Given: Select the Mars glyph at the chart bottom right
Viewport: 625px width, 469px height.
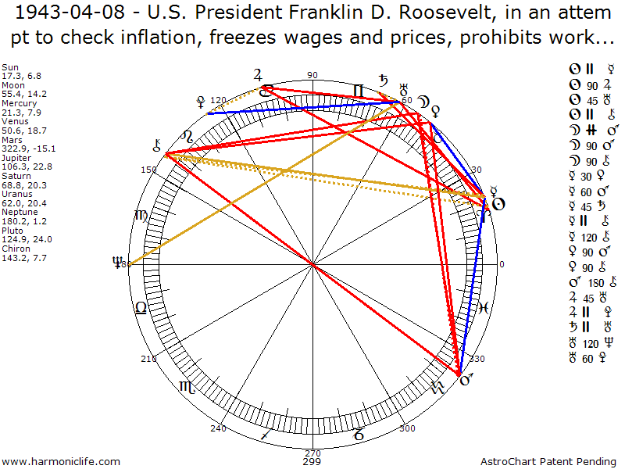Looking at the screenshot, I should coord(467,381).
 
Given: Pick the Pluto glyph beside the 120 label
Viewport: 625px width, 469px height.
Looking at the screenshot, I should coord(203,102).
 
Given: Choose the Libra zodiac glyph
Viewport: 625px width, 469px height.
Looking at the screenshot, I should coord(141,308).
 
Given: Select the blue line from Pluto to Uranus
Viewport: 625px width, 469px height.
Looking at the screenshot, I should coord(305,107).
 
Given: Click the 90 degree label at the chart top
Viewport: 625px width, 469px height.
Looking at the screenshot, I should coord(312,76).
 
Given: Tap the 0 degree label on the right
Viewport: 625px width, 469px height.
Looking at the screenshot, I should coord(502,264).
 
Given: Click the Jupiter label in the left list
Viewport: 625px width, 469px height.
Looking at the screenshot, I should coord(16,157).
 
